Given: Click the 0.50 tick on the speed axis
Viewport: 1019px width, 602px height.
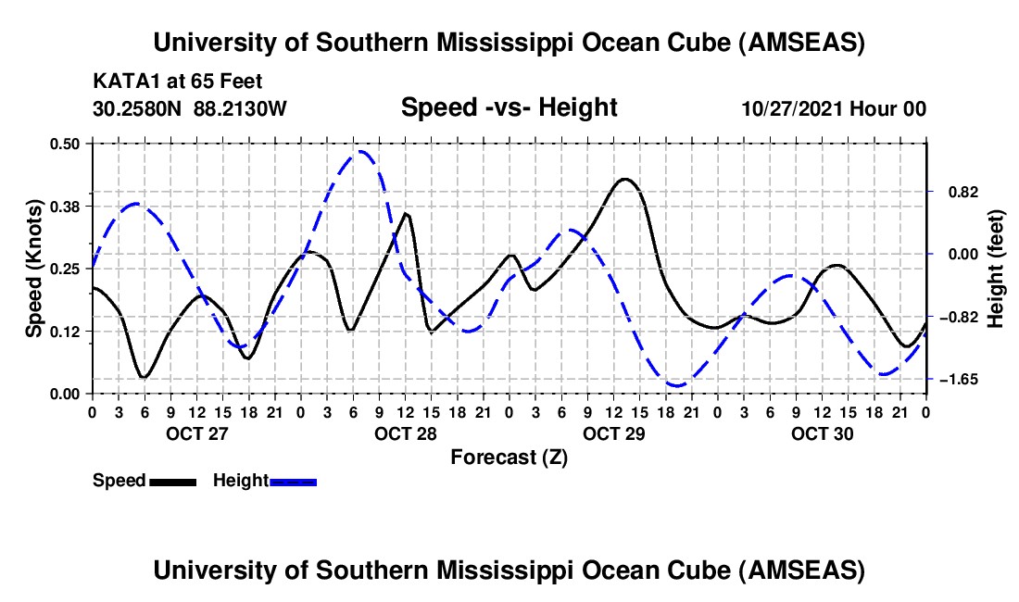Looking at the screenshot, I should [67, 144].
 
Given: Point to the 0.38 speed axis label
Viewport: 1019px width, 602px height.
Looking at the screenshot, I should [67, 206].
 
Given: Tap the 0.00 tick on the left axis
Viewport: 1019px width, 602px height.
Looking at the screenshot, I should [67, 394].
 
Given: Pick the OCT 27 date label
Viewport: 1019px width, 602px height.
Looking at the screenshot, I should [196, 433].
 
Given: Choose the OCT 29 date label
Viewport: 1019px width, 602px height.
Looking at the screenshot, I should [613, 433].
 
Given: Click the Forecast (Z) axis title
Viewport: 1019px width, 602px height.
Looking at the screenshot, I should [509, 457].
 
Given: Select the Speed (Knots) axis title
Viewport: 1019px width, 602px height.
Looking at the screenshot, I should [33, 268].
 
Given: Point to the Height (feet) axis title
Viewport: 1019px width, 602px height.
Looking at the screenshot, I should [995, 268].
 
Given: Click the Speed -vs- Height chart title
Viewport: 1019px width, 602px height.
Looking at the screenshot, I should [509, 107].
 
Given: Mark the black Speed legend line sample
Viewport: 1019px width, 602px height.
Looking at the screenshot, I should [172, 481].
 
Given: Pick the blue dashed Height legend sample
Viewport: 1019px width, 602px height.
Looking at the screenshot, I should [294, 481].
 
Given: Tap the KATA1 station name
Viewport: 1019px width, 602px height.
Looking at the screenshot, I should [122, 82].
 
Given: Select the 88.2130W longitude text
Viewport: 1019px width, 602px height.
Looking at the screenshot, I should [241, 109].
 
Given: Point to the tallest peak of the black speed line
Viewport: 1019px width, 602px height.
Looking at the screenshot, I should [623, 179].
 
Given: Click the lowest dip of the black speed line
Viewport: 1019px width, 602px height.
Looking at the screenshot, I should [144, 377].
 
